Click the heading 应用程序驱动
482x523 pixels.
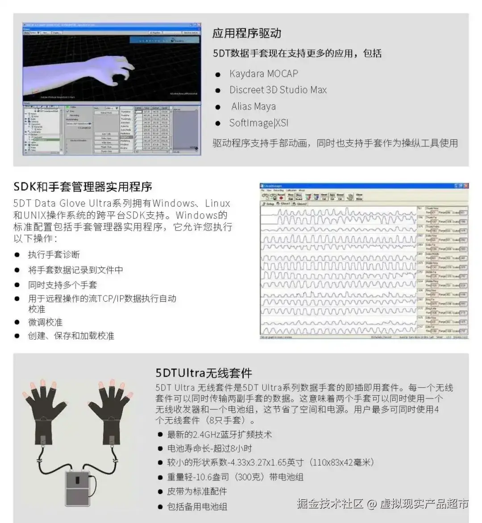click(x=247, y=34)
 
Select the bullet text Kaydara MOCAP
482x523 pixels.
click(x=263, y=74)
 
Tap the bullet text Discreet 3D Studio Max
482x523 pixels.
click(x=278, y=90)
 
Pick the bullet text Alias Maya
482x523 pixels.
click(x=253, y=106)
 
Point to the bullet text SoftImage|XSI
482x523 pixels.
click(x=258, y=123)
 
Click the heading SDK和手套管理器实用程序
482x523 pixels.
click(x=83, y=186)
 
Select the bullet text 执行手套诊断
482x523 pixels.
click(x=54, y=255)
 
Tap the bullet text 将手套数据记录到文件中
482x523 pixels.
click(x=75, y=270)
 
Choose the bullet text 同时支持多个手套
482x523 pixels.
click(x=62, y=285)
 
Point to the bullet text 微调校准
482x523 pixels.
click(x=45, y=322)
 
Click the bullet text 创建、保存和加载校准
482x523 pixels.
click(x=71, y=336)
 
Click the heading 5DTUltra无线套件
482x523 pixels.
click(x=204, y=373)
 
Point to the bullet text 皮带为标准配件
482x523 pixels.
click(x=197, y=491)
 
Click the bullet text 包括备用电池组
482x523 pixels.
click(x=197, y=506)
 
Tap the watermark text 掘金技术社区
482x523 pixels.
click(x=330, y=504)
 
